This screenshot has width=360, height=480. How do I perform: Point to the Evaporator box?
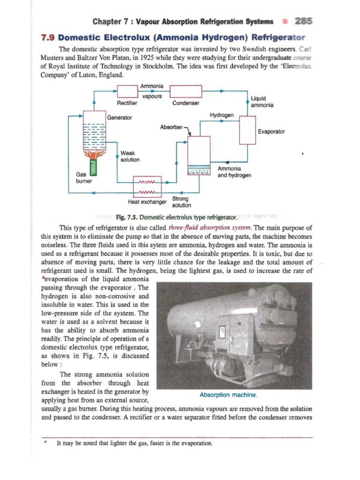pyautogui.click(x=247, y=130)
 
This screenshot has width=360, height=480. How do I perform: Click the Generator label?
pyautogui.click(x=120, y=117)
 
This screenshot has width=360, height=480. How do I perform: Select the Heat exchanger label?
pyautogui.click(x=147, y=202)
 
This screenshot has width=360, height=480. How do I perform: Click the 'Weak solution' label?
pyautogui.click(x=130, y=156)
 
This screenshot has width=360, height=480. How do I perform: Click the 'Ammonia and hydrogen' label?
pyautogui.click(x=234, y=172)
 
